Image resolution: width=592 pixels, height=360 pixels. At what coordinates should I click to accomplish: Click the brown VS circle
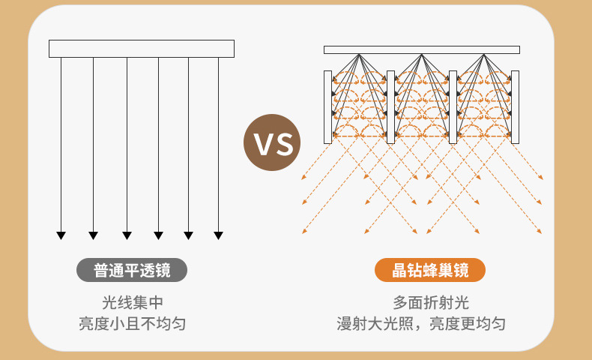coord(272,142)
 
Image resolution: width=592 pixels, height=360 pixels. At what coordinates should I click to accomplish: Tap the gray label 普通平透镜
coord(132,270)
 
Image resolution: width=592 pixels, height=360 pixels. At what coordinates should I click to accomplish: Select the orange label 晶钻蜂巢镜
coord(430,270)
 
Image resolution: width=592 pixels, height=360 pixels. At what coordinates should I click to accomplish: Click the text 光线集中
coord(132,303)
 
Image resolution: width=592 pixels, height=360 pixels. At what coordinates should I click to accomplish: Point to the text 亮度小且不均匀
coord(132,324)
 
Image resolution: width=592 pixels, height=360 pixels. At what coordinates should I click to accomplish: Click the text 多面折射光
coord(430,303)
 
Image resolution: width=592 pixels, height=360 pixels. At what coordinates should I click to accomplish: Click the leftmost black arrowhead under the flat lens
coord(61,235)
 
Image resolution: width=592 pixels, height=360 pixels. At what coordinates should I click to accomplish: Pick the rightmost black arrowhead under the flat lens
coord(218,235)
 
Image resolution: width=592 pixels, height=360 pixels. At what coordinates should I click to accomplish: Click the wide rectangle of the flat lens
coord(142,49)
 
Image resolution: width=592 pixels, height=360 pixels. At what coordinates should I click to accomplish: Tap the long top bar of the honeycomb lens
coord(421,49)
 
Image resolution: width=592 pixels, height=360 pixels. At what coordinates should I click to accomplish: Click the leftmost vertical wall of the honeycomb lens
coord(327,106)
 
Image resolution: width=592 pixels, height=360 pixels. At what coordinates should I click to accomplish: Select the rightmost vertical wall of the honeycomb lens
coord(515,106)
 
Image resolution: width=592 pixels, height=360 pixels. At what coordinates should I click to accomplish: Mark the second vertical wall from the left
coord(390,106)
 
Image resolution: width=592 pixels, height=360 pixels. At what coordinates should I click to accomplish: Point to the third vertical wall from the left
coord(453,106)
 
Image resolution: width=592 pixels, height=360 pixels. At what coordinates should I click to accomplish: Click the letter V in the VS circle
coord(262,143)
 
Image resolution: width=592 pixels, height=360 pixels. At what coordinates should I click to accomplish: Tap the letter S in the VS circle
coord(283,143)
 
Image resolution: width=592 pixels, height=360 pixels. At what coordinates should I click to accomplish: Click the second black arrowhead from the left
coord(93,235)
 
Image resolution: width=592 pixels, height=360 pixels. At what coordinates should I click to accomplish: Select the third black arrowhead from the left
coord(127,235)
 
